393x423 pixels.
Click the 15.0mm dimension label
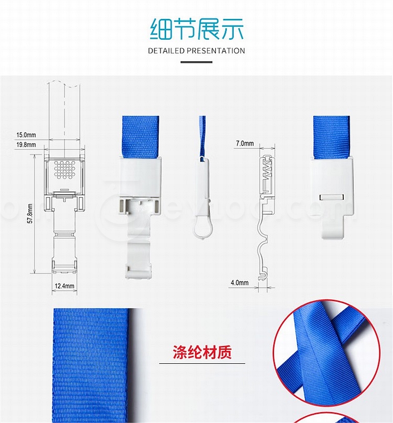point(26,135)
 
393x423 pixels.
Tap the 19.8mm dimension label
point(26,145)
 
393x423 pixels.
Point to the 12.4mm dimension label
point(64,286)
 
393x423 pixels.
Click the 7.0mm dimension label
point(245,143)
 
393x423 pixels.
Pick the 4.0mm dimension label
point(239,283)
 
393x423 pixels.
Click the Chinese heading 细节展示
point(196,29)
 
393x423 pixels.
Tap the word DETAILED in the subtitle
point(166,51)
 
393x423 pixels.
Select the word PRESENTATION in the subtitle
point(216,51)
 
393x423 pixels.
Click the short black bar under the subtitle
point(196,62)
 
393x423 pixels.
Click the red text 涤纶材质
point(202,352)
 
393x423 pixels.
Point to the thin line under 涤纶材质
point(202,363)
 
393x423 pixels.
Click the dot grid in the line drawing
point(64,170)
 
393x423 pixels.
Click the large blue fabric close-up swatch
point(91,365)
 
